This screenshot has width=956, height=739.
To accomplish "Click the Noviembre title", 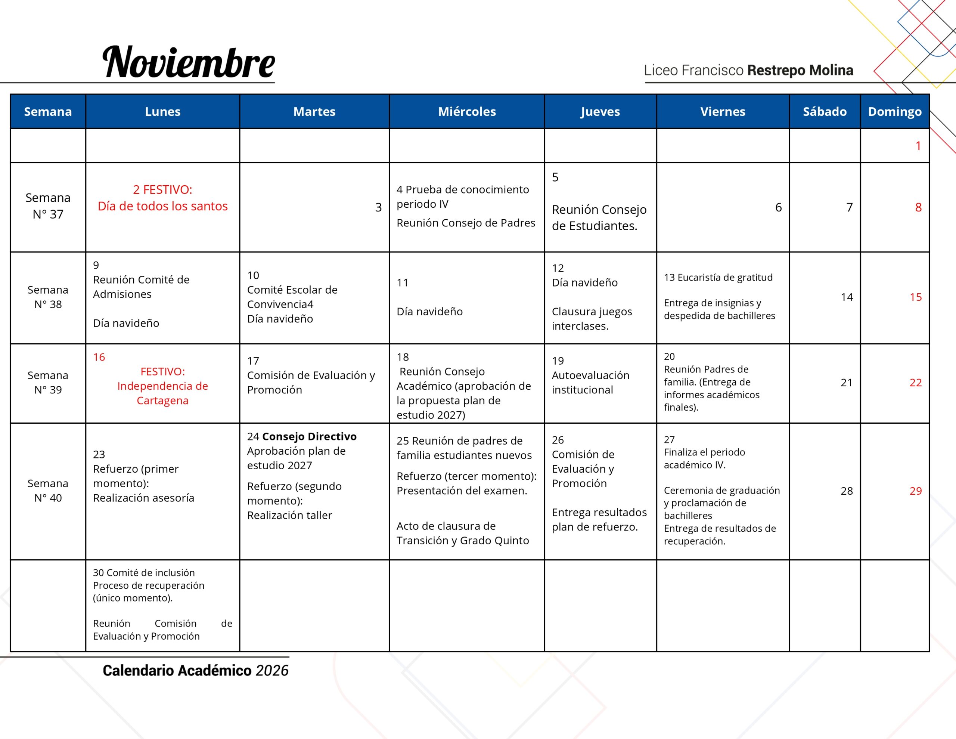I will [x=188, y=62].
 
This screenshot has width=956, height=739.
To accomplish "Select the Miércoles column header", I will [x=467, y=112].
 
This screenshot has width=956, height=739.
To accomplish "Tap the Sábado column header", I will [x=824, y=112].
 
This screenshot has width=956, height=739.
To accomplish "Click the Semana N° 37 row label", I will [x=48, y=206].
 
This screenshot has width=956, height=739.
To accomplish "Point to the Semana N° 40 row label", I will [x=48, y=491].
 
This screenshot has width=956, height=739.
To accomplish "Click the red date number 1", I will [x=918, y=146].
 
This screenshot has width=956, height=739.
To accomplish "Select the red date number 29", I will [x=915, y=491].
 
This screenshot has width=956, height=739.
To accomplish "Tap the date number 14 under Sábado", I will [x=847, y=297].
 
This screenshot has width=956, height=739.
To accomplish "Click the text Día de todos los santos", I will [x=162, y=206].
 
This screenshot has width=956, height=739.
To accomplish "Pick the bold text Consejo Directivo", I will [x=309, y=436].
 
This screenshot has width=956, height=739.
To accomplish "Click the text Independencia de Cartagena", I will [x=162, y=393].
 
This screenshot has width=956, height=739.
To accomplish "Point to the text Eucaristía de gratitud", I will [x=725, y=277].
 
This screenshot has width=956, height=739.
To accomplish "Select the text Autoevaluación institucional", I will [x=590, y=383].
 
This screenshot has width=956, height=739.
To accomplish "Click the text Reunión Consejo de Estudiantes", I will [x=599, y=218].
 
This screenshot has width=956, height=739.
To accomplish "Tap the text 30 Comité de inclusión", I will [x=143, y=572].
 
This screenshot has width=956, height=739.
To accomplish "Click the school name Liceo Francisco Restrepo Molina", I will [x=748, y=70].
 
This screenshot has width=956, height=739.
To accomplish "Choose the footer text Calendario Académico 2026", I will [x=195, y=671].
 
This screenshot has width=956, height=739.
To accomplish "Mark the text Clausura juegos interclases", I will [x=592, y=318].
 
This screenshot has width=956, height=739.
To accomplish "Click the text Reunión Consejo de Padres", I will [x=466, y=223].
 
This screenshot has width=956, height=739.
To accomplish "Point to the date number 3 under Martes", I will [x=378, y=207].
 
